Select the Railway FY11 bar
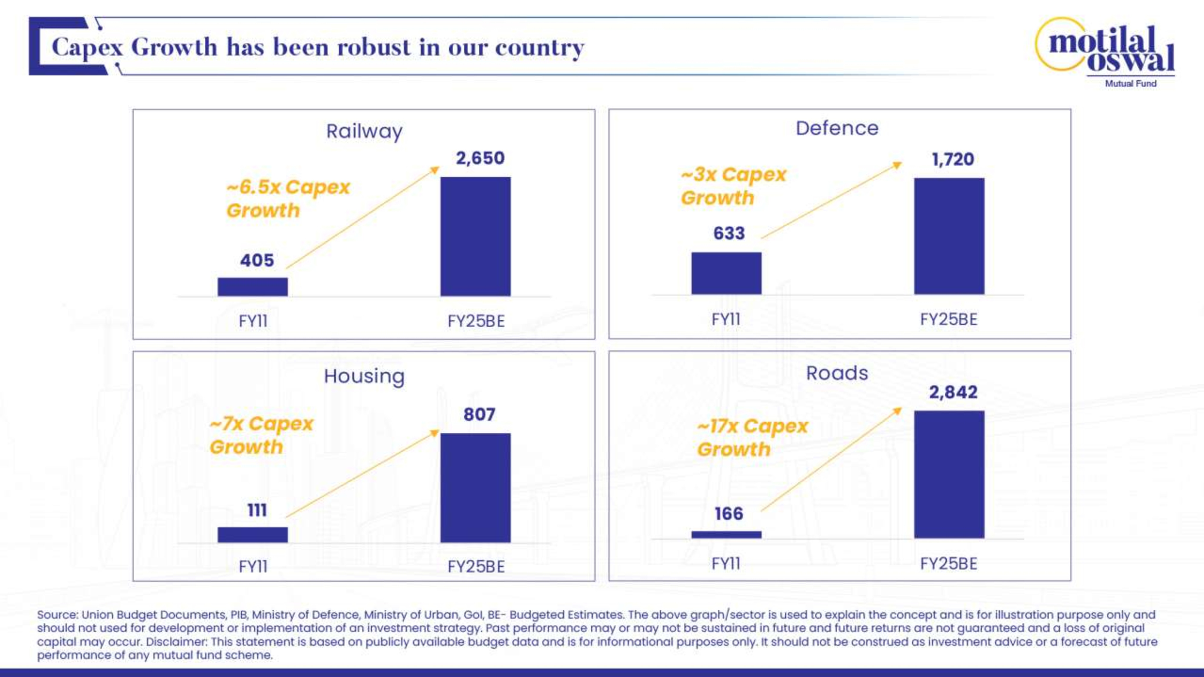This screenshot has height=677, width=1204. (x=253, y=286)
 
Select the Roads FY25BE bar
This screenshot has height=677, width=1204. (x=949, y=474)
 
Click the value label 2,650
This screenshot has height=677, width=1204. (x=480, y=158)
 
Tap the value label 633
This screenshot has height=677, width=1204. (x=729, y=233)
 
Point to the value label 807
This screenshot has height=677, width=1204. (x=479, y=414)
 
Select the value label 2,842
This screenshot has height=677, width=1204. (x=953, y=392)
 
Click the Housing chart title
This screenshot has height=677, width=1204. (x=364, y=376)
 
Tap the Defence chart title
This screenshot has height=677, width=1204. (x=837, y=128)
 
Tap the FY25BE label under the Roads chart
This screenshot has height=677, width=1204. (x=948, y=564)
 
